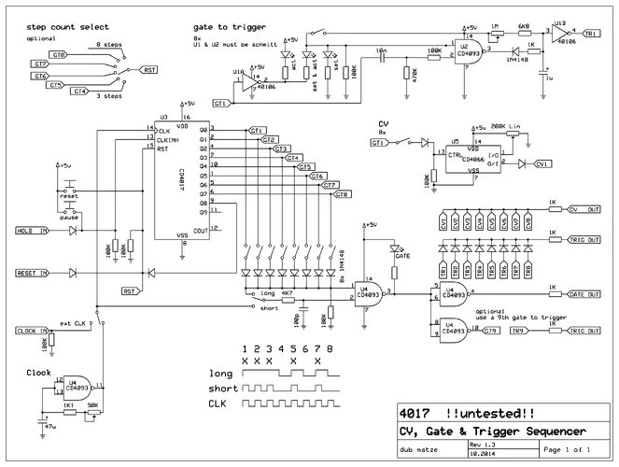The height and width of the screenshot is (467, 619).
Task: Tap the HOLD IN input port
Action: (x=35, y=229)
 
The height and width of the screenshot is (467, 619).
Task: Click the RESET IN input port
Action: (x=35, y=273)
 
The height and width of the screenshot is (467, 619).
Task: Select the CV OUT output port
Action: (x=584, y=208)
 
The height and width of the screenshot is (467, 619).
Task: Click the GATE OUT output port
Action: (x=584, y=294)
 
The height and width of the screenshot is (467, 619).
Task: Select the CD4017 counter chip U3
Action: (x=182, y=177)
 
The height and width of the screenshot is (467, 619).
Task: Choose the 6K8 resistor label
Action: (x=526, y=26)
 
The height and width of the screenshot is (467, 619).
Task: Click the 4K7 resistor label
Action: (x=288, y=292)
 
